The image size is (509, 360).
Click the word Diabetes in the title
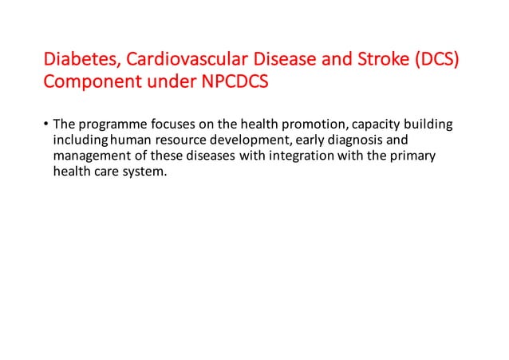coord(75,61)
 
